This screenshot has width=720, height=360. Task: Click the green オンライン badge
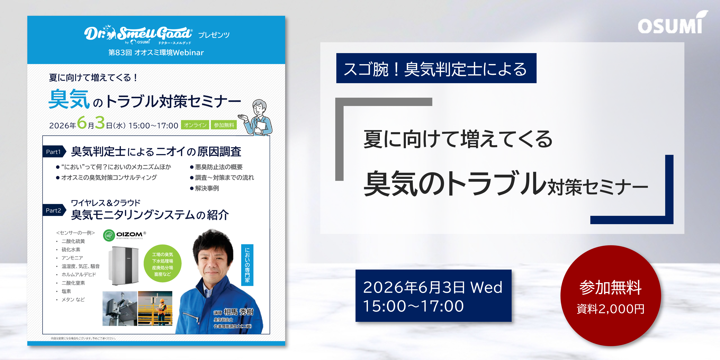[195, 125]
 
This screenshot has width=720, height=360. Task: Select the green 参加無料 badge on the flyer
[224, 125]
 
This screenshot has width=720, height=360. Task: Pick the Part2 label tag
[54, 210]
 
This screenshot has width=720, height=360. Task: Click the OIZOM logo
[124, 235]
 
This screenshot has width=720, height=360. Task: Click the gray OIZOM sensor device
[123, 266]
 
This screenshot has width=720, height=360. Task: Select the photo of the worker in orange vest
[155, 308]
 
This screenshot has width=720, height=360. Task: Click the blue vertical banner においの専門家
[247, 265]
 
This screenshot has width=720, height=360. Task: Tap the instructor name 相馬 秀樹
[238, 312]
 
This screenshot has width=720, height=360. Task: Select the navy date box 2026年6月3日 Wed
[433, 296]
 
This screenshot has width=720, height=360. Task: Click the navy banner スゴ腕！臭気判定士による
[436, 68]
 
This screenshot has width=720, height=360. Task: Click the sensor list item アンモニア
[72, 258]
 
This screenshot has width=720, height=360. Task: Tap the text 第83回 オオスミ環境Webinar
[156, 52]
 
